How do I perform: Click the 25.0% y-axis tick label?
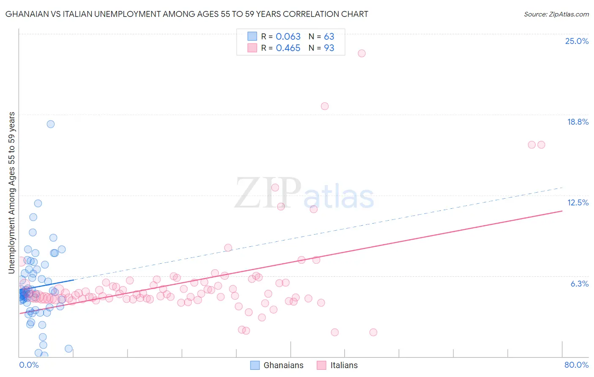[577, 41]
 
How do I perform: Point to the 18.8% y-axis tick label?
[578, 122]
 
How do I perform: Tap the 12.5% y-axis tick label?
[578, 202]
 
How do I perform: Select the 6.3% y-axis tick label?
[579, 284]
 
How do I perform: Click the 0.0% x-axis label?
[29, 365]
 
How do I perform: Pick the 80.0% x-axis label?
[576, 365]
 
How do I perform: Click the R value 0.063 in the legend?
[288, 37]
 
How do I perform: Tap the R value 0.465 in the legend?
[288, 48]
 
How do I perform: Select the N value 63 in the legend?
[329, 37]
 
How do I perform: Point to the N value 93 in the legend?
[329, 48]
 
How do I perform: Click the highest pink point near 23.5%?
[362, 53]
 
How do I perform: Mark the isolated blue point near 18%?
[51, 124]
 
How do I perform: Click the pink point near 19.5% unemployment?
[324, 106]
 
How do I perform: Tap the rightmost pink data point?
[541, 145]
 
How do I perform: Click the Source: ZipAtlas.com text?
[556, 14]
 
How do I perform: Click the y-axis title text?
[12, 192]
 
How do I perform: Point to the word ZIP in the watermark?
[268, 194]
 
